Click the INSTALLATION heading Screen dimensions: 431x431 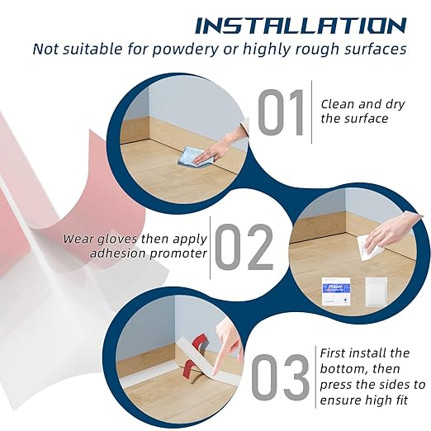[x=301, y=26]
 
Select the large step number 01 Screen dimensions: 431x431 [x=281, y=112]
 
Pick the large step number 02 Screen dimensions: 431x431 [x=244, y=247]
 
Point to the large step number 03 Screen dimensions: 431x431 [x=280, y=377]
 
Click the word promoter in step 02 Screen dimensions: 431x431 [x=178, y=253]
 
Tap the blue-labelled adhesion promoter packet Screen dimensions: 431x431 [x=336, y=291]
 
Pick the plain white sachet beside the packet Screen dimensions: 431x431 [x=376, y=291]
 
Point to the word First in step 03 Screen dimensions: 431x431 [x=334, y=353]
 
